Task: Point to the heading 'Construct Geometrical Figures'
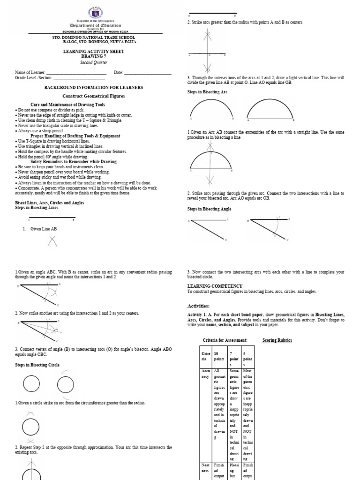tap(94, 96)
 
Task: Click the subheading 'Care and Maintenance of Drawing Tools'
tap(68, 105)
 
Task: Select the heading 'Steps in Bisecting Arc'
tap(207, 92)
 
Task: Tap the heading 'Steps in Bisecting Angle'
tap(210, 209)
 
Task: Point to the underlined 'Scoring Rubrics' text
tap(277, 340)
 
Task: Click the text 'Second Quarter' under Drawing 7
tap(93, 62)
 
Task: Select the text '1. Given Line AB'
tap(40, 228)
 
